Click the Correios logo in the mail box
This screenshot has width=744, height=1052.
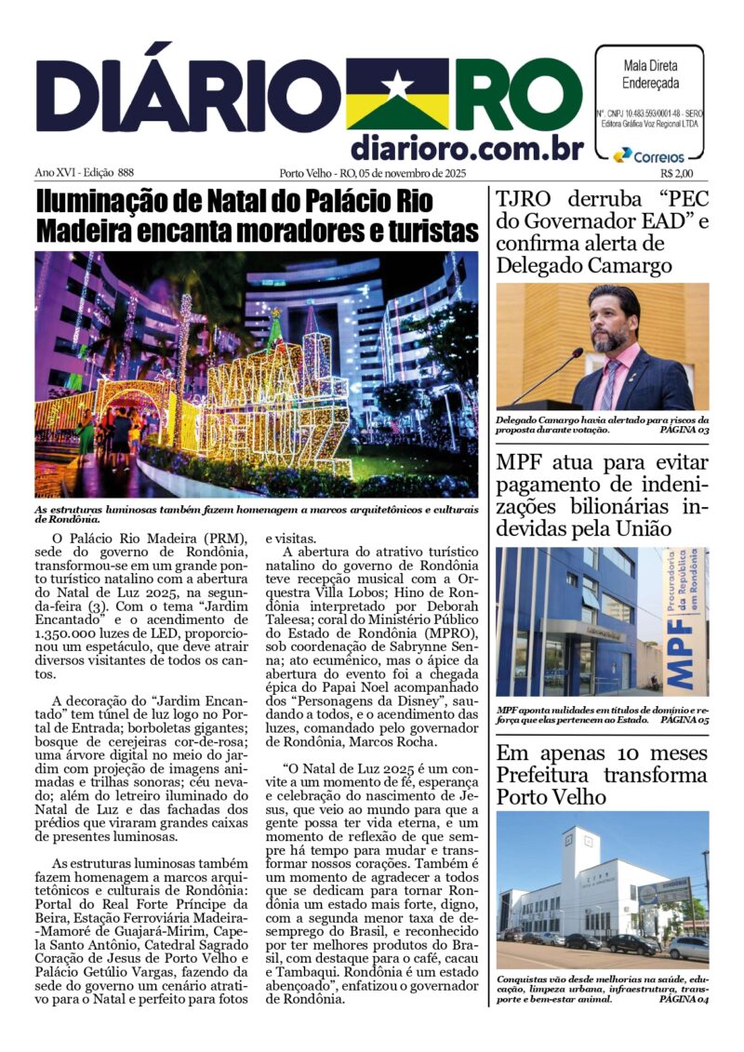coord(649,156)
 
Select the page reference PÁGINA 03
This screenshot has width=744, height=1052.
coord(684,431)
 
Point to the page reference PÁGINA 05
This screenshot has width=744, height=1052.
coord(684,720)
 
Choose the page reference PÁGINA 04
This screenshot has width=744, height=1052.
coord(684,999)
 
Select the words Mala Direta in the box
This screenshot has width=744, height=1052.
coord(649,66)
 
